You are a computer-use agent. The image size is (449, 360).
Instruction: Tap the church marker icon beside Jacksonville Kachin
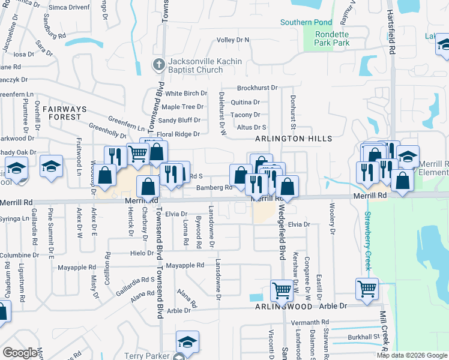coord(158,64)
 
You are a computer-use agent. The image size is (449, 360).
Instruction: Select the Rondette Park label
coord(332,38)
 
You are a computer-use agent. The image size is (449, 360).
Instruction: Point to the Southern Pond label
coord(306,23)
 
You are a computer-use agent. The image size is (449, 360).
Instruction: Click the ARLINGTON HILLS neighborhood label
coord(294,139)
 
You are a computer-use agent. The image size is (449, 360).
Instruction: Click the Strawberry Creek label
coord(367,238)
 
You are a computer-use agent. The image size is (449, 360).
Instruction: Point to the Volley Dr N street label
coord(233,40)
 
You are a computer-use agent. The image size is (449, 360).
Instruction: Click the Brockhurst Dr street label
coord(257,88)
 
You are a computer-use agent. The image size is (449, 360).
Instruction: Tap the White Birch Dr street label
coord(186,94)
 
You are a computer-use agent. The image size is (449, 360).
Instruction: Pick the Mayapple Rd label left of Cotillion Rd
coord(76,267)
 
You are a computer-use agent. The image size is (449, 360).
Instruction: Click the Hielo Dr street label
coord(142,253)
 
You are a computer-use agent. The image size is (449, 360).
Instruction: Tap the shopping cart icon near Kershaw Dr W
coord(282,290)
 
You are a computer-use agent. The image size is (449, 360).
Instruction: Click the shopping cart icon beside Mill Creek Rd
coord(367,289)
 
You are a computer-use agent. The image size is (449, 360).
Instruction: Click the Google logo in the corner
coord(20,353)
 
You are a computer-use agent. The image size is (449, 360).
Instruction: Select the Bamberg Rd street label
coord(214,188)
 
